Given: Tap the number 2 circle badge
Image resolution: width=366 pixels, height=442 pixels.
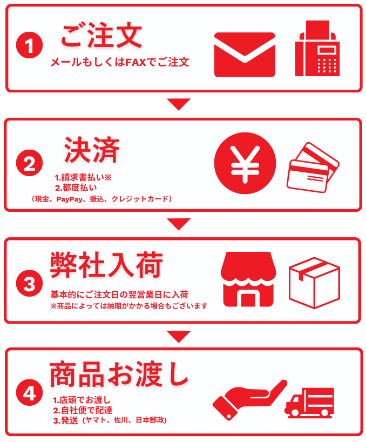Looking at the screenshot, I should pyautogui.click(x=30, y=163).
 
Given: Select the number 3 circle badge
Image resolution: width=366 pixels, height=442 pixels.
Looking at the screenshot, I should pyautogui.click(x=30, y=283).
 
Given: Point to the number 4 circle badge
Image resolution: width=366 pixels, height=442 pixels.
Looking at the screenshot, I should pyautogui.click(x=30, y=393).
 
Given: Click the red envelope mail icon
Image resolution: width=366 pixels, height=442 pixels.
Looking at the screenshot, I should pyautogui.click(x=245, y=55).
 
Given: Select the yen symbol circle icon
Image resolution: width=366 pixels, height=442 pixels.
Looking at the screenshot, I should pyautogui.click(x=245, y=163).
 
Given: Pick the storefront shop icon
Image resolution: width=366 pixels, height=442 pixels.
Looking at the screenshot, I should pyautogui.click(x=249, y=279).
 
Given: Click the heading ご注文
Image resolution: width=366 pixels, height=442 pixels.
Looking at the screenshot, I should pyautogui.click(x=101, y=36).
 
